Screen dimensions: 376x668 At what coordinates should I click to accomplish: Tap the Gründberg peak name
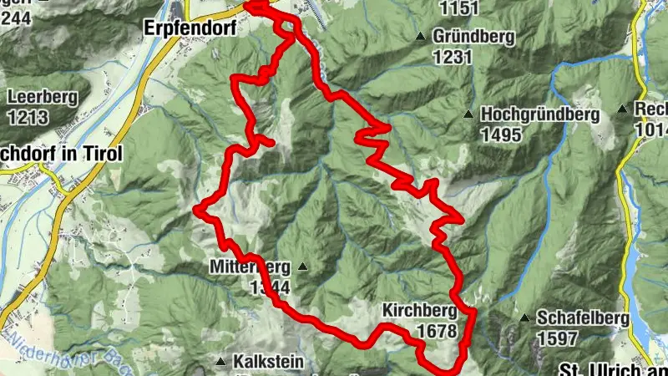(x=473, y=38)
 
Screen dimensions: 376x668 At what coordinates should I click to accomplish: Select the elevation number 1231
(x=453, y=57)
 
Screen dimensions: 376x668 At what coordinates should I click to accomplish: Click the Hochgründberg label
(x=540, y=115)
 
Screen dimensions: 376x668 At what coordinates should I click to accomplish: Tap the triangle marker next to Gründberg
(x=422, y=37)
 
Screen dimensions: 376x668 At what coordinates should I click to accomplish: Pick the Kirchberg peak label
(x=420, y=311)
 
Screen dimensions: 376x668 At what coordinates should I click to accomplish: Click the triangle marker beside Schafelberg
(x=524, y=318)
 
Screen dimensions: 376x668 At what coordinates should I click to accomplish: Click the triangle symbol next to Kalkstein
(x=220, y=362)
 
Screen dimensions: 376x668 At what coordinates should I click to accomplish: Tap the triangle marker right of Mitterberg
(x=302, y=267)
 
